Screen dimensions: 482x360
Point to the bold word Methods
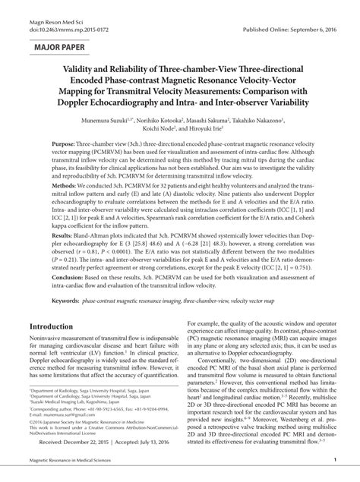(65, 185)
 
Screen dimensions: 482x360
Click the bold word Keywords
(66, 301)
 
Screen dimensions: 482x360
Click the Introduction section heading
(50, 325)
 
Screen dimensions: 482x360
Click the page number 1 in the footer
(335, 461)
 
